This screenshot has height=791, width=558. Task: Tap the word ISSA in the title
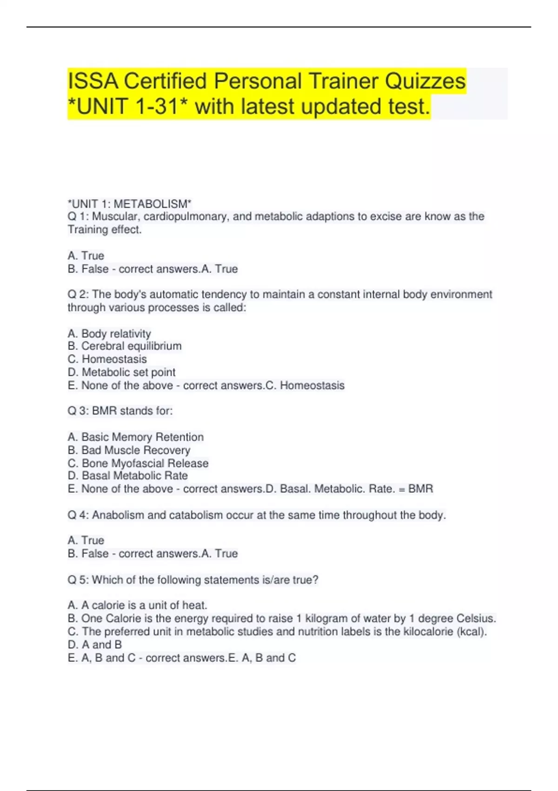click(x=93, y=81)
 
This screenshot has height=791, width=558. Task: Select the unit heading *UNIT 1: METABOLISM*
click(x=129, y=204)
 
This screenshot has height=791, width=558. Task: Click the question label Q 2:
click(x=78, y=295)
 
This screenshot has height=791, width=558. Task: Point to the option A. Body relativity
click(x=109, y=334)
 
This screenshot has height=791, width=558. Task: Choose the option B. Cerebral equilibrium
click(x=125, y=346)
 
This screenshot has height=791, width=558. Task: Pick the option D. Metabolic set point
click(x=121, y=372)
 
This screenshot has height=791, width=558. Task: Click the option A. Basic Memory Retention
click(x=135, y=437)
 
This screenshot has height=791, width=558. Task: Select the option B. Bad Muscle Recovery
click(x=129, y=450)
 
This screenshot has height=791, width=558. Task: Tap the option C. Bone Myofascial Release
click(x=138, y=463)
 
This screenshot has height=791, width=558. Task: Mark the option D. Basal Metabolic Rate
click(x=128, y=476)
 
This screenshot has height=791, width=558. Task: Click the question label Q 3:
click(x=78, y=411)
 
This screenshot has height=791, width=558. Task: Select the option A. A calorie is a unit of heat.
click(x=137, y=605)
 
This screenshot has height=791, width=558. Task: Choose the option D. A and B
click(x=95, y=644)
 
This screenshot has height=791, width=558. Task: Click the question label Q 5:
click(x=78, y=580)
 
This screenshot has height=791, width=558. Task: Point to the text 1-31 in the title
click(x=159, y=107)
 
